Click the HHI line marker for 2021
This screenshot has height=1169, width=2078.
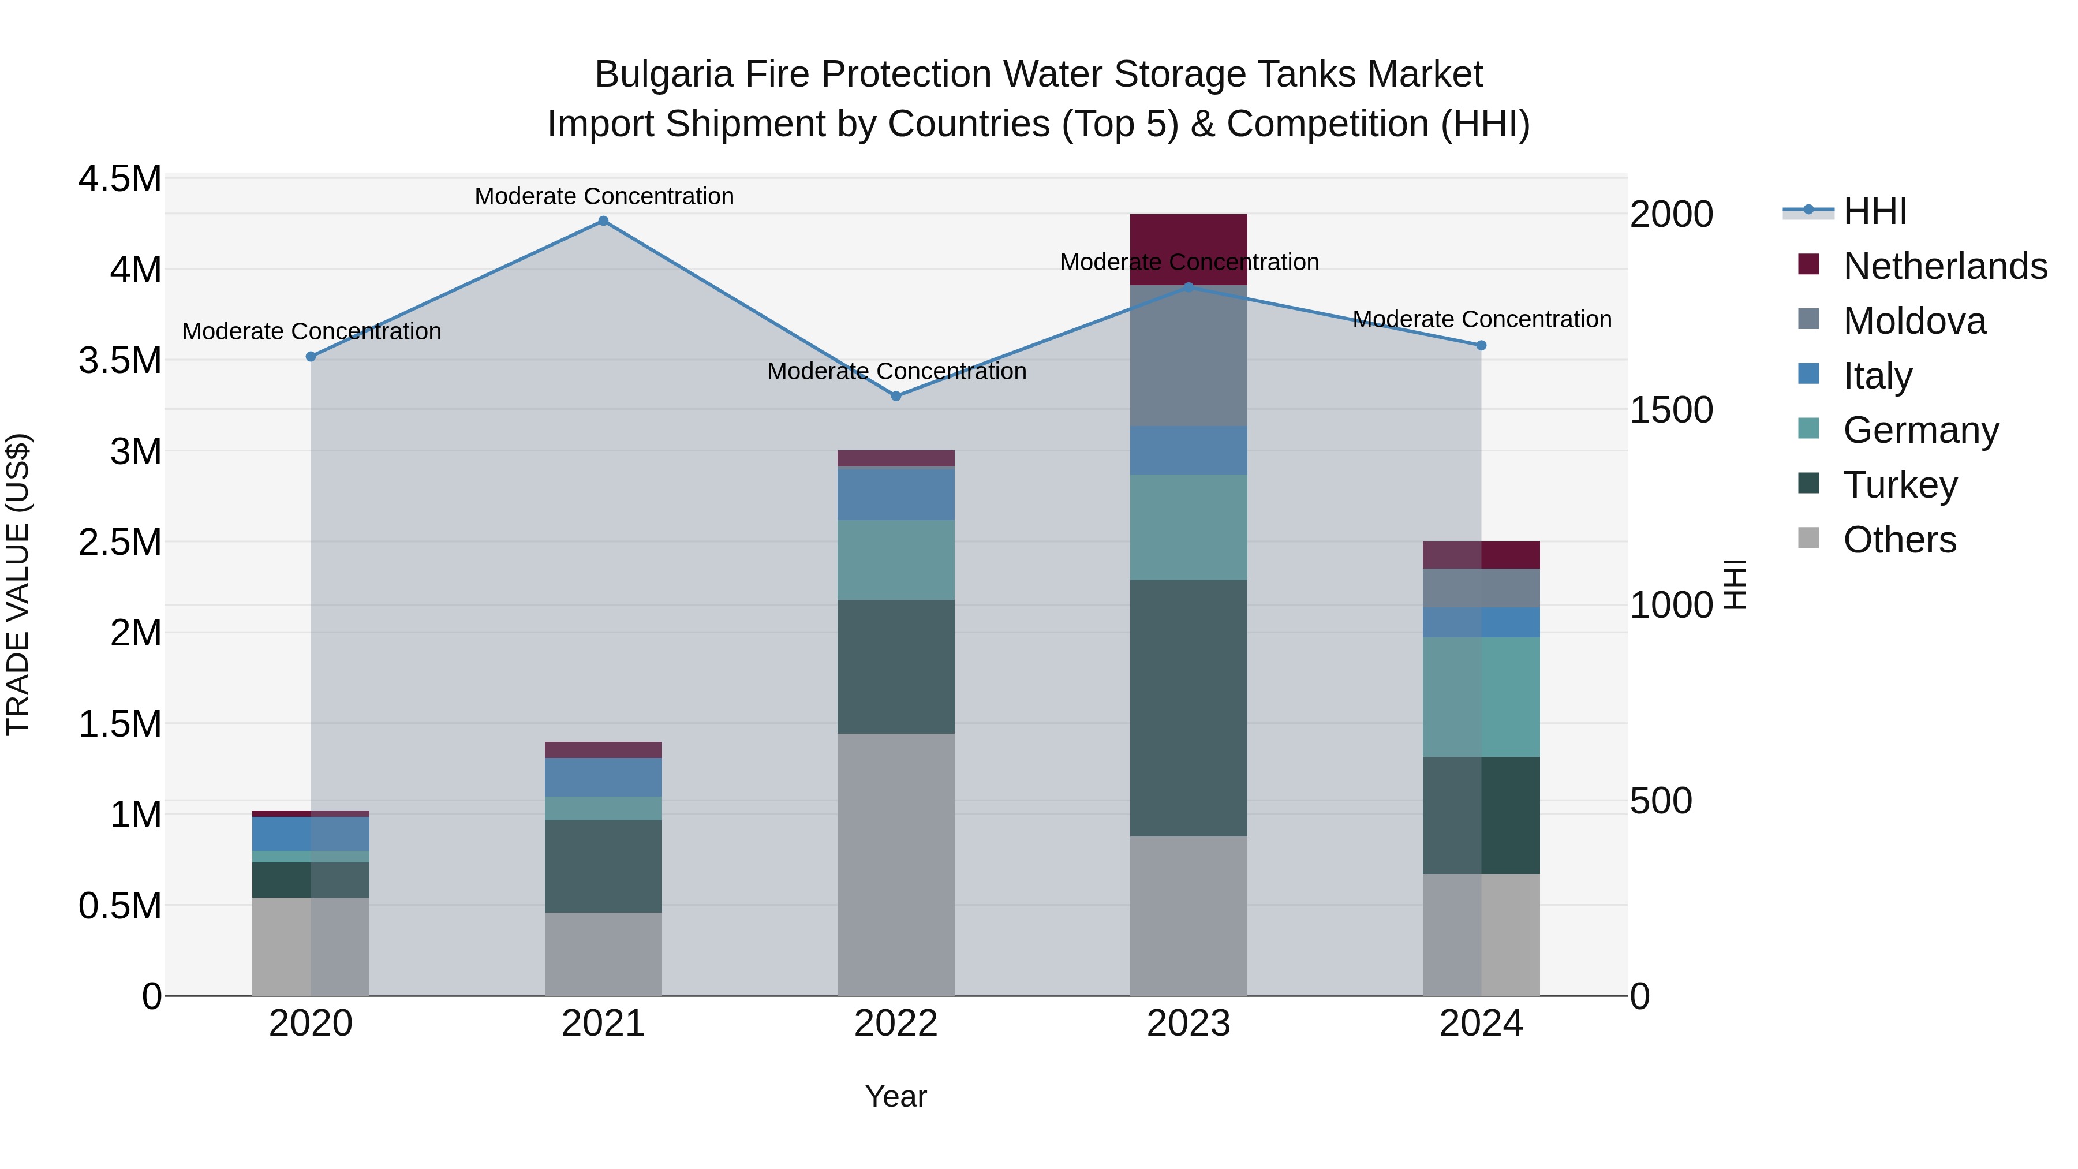coord(603,221)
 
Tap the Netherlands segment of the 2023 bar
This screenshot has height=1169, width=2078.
coord(1189,249)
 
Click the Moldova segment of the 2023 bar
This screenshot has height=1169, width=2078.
coord(1189,355)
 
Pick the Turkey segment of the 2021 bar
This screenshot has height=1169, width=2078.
coord(603,866)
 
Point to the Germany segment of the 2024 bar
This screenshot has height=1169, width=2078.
coord(1481,697)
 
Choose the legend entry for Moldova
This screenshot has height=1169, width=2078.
coord(1914,321)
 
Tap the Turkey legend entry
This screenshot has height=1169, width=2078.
coord(1900,485)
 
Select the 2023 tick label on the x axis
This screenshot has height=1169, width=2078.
coord(1189,1024)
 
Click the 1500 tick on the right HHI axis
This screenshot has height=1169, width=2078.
coord(1670,410)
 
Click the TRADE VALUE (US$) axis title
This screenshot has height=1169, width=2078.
coord(18,584)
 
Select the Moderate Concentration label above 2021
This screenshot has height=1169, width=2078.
coord(603,196)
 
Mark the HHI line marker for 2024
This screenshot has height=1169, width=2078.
coord(1481,345)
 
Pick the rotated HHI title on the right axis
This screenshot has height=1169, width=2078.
coord(1735,584)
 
